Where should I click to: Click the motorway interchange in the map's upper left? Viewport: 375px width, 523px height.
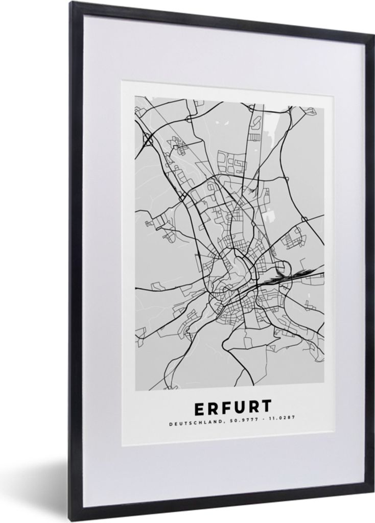(x=148, y=138)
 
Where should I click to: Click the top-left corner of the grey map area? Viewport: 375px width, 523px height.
(x=135, y=97)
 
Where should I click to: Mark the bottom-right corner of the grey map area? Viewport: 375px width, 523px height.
(x=323, y=391)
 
